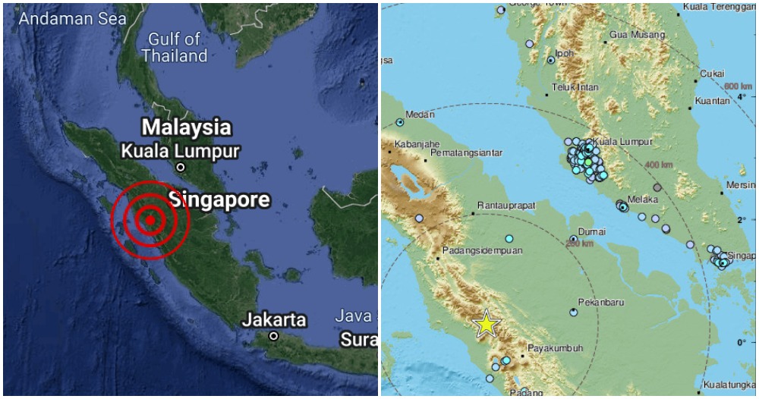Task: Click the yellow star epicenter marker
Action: pos(486,324)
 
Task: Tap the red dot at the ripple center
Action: pos(150,221)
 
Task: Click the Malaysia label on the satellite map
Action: pos(187,126)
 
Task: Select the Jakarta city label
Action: pos(274,319)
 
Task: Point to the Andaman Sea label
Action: pos(73,19)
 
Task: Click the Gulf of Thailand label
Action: pos(174,47)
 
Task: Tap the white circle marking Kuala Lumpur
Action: pos(181,167)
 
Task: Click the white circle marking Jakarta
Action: pos(273,336)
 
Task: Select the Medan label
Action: pos(420,115)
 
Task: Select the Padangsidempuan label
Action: pos(481,249)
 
